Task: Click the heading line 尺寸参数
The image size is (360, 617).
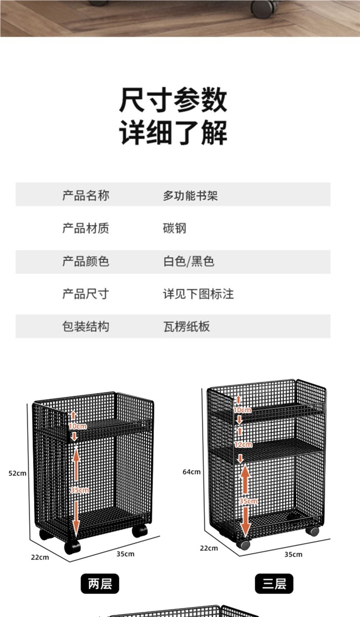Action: (173, 100)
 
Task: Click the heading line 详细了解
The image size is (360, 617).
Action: (173, 133)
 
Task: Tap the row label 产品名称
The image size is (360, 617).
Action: (86, 196)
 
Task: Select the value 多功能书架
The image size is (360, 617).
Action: (190, 196)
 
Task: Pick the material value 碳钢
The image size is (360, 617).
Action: (175, 228)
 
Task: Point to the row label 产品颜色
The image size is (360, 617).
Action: (86, 261)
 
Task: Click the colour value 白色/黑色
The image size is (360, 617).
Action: (189, 261)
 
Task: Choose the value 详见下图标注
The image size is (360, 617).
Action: (198, 294)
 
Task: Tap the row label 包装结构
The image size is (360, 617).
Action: (86, 327)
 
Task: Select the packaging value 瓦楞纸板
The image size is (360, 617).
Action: (186, 327)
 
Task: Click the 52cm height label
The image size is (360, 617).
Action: (17, 473)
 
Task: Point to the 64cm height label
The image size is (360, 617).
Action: (191, 472)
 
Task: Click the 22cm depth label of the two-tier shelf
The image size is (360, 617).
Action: (40, 557)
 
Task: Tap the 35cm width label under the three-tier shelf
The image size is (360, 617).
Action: (293, 555)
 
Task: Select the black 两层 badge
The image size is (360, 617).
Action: (100, 584)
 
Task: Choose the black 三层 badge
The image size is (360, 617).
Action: (274, 584)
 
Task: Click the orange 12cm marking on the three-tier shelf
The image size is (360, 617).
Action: (243, 444)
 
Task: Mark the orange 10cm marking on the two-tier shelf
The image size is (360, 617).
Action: (77, 426)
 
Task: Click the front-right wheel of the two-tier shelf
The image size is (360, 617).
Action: (139, 530)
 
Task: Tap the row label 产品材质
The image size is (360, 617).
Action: (86, 228)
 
